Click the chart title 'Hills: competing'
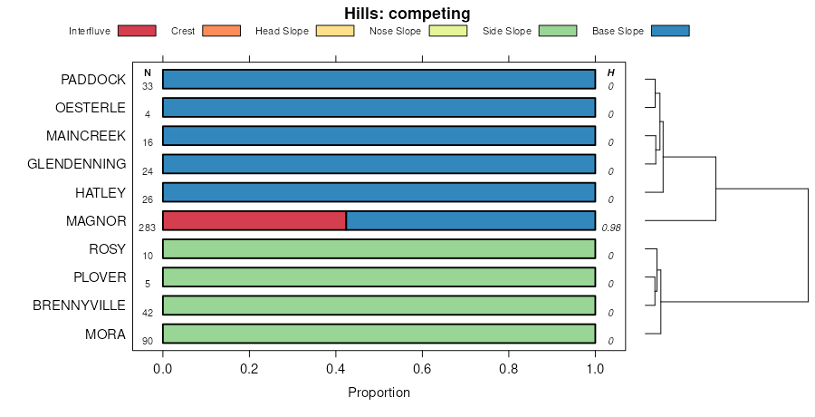coord(407,14)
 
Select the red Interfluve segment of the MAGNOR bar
coord(254,220)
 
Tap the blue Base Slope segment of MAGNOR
coord(471,220)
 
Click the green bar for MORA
coord(379,334)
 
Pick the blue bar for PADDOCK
coord(379,79)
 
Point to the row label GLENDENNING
coord(77,164)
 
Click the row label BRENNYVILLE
coord(79,305)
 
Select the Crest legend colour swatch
coord(221,31)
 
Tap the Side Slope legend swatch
coord(558,31)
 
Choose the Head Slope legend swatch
coord(335,31)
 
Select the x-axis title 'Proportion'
coord(379,393)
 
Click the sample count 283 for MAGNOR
coord(148,228)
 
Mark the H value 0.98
coord(611,228)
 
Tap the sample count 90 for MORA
coord(148,341)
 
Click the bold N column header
coord(148,73)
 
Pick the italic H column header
coord(611,73)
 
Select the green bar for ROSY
coord(379,248)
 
